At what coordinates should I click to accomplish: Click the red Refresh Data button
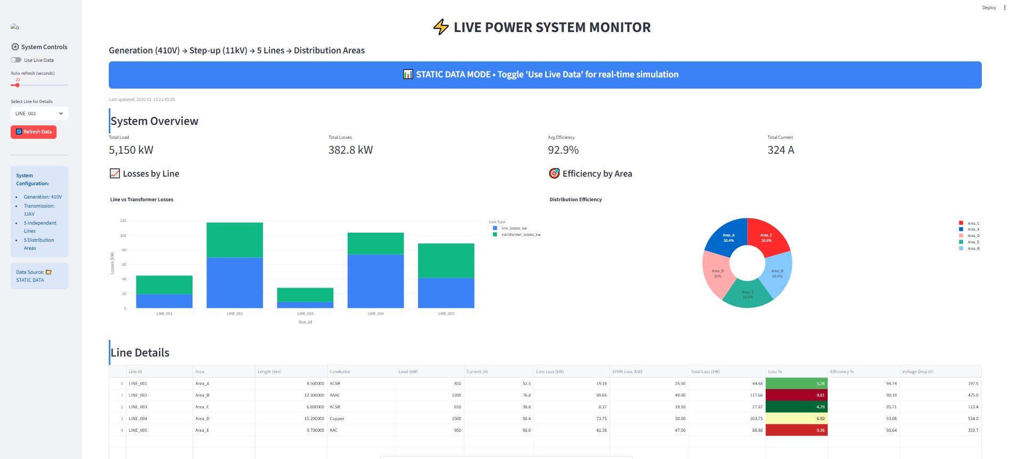34,132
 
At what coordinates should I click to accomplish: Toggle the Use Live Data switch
16,60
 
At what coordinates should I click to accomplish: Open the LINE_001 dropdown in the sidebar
39,114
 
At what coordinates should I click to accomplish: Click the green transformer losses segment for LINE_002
235,240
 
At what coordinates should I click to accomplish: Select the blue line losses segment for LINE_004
375,281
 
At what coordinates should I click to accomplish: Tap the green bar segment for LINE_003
305,295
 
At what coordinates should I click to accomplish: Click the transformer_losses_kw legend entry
520,235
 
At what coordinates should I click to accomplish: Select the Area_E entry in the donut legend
973,242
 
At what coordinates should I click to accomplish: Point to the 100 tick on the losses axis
123,235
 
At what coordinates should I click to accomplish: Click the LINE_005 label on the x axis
446,314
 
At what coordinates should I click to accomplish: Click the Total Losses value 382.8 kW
350,150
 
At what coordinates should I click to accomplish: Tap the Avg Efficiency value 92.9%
563,150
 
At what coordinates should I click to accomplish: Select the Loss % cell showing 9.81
796,395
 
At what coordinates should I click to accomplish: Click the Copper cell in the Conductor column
337,418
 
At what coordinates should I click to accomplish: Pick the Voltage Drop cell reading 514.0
973,418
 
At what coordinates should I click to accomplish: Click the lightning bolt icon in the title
441,27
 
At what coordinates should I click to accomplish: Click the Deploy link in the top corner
989,7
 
